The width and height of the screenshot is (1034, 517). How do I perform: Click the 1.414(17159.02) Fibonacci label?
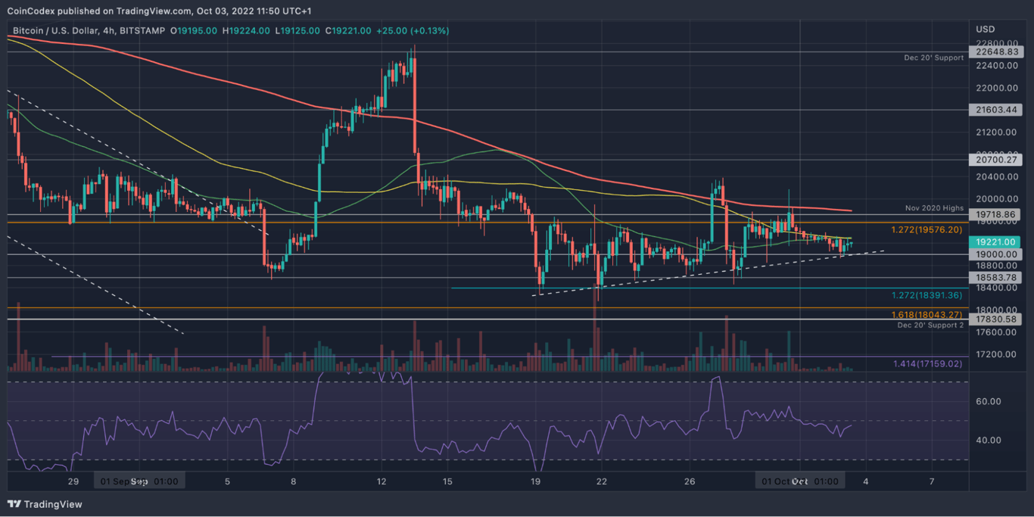pyautogui.click(x=928, y=364)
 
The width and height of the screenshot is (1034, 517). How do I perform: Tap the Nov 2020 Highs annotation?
pyautogui.click(x=934, y=207)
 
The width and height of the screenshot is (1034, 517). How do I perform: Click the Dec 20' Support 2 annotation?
pyautogui.click(x=930, y=325)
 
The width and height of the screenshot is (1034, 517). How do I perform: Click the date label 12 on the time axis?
pyautogui.click(x=381, y=481)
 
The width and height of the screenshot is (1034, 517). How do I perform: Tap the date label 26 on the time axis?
pyautogui.click(x=690, y=481)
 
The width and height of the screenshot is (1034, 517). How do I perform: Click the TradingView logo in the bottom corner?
pyautogui.click(x=45, y=504)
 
